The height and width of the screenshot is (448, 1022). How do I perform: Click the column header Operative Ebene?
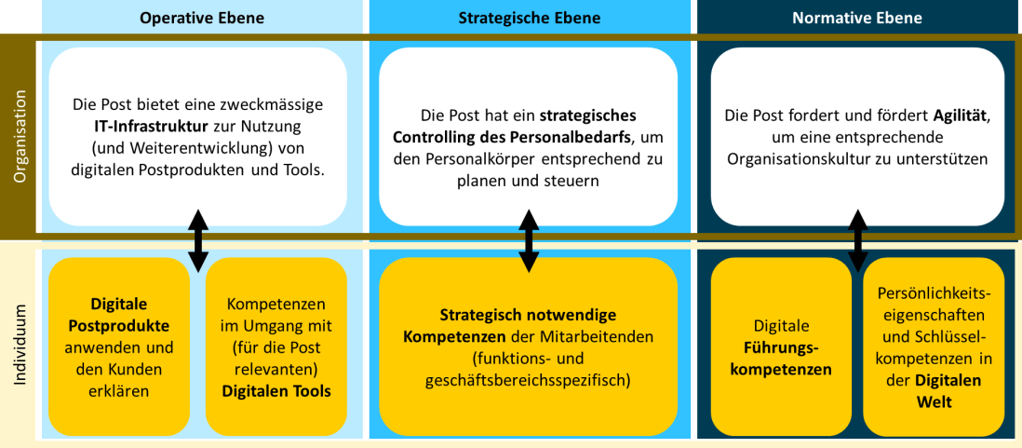[x=202, y=18]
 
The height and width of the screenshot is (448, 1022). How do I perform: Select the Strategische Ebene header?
[x=529, y=18]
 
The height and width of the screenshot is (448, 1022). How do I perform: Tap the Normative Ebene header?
[x=857, y=18]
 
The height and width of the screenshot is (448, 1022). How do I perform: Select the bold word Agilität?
[x=960, y=115]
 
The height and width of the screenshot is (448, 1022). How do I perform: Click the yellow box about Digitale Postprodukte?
[x=118, y=346]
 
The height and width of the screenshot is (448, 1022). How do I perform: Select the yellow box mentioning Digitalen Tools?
[x=276, y=346]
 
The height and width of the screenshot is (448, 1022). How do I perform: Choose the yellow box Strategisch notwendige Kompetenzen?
[x=529, y=346]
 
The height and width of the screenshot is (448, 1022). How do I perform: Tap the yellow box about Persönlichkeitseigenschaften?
[x=934, y=346]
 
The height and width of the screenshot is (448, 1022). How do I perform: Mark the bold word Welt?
[x=934, y=401]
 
